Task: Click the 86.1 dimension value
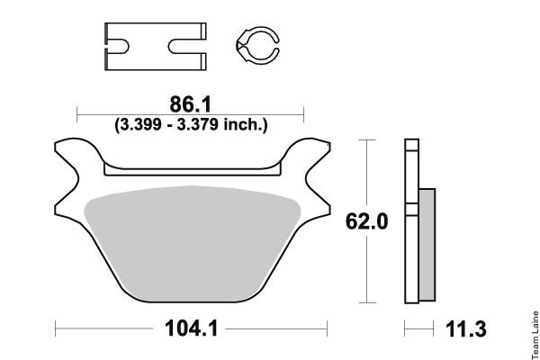[x=190, y=104]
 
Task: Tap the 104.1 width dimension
[x=192, y=328]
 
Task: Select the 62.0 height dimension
[x=367, y=221]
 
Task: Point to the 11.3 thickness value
[x=466, y=329]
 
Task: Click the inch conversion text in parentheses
[x=191, y=124]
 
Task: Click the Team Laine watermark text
[x=535, y=335]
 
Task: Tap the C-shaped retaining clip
[x=257, y=45]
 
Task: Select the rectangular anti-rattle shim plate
[x=156, y=47]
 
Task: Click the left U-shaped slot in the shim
[x=118, y=47]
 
